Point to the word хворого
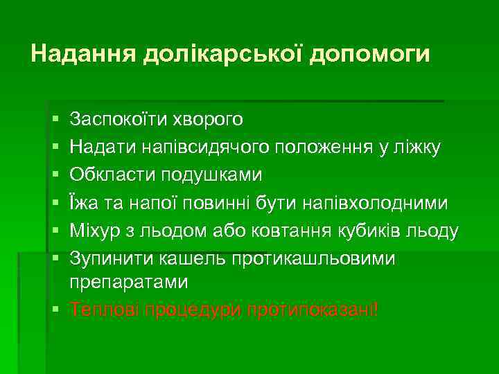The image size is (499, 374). pyautogui.click(x=209, y=119)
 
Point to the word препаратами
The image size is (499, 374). pyautogui.click(x=128, y=283)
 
